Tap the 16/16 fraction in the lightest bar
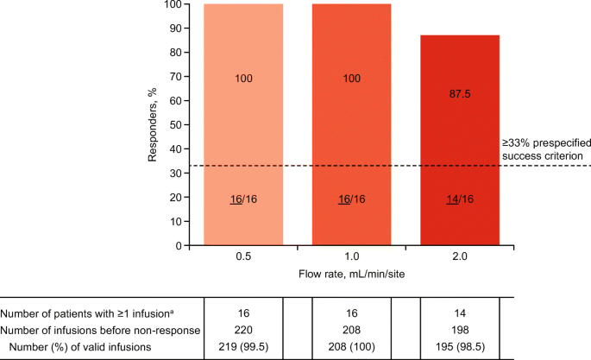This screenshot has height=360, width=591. (x=243, y=199)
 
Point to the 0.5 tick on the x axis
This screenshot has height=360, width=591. (x=243, y=256)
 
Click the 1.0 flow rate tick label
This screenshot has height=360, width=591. (x=351, y=256)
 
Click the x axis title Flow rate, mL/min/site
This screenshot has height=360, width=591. (x=351, y=275)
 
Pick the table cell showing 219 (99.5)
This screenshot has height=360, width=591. (x=243, y=345)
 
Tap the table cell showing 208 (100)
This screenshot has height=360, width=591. (x=351, y=345)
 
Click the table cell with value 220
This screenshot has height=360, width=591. (x=243, y=329)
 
